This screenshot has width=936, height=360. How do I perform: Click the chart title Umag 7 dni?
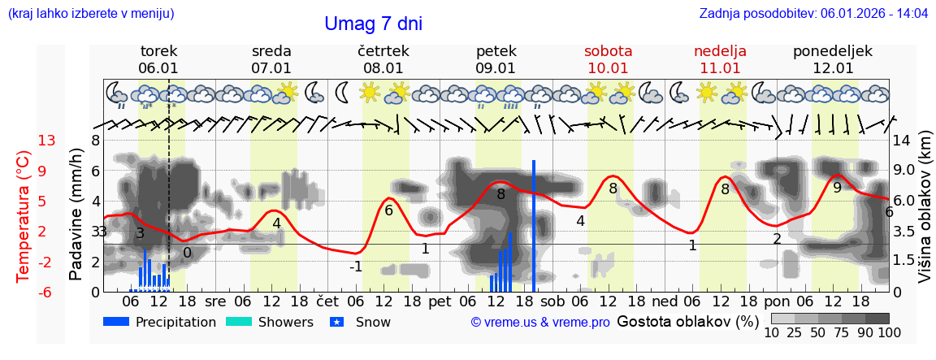tap(373, 24)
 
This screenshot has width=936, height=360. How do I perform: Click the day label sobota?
tap(608, 51)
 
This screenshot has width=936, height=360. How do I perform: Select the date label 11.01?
tap(720, 68)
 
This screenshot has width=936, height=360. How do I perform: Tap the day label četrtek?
tap(383, 51)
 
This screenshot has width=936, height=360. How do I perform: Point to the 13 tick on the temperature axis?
tap(46, 141)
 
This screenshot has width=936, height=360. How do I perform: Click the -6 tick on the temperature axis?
tap(46, 292)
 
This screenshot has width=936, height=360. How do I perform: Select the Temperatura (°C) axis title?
tap(24, 216)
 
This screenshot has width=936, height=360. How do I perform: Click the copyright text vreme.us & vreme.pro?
tap(539, 323)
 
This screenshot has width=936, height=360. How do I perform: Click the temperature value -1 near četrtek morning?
tap(356, 267)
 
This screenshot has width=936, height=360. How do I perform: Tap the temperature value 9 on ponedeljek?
tap(837, 187)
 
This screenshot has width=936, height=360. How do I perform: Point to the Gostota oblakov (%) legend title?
tap(687, 321)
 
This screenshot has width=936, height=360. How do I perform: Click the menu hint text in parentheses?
tap(91, 14)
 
